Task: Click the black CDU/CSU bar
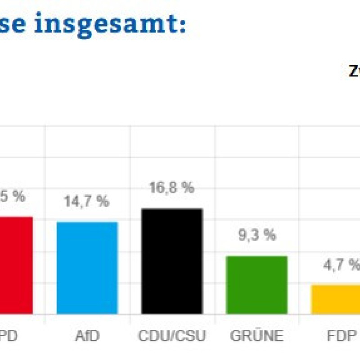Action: click(x=172, y=261)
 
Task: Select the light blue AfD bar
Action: click(x=87, y=268)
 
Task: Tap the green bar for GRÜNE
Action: click(x=256, y=285)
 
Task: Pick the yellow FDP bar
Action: click(x=335, y=299)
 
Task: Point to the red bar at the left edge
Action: click(x=16, y=265)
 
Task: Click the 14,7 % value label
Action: click(x=87, y=202)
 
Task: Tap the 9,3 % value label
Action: click(x=256, y=235)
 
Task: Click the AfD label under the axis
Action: click(x=87, y=336)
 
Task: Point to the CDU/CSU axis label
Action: click(x=172, y=336)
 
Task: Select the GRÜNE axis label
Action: click(x=256, y=336)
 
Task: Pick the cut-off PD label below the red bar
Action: click(x=10, y=336)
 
